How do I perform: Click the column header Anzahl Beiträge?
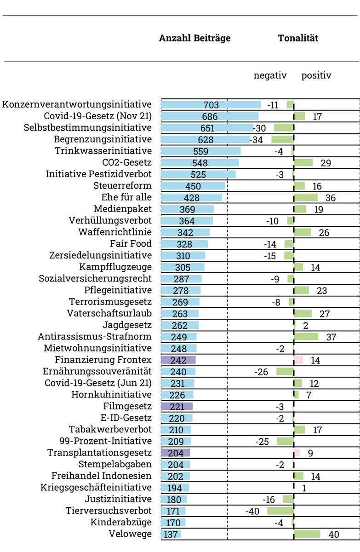[194, 38]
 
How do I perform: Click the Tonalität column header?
[298, 38]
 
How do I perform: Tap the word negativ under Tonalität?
[270, 75]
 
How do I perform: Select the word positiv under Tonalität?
[316, 75]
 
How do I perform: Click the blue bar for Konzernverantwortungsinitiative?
[211, 105]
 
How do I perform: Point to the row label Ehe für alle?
[126, 197]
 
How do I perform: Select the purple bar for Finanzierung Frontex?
[178, 360]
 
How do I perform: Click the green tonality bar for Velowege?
[307, 534]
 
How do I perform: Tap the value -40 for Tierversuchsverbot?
[252, 511]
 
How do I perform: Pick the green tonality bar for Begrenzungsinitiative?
[282, 139]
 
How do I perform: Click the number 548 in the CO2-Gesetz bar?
[200, 163]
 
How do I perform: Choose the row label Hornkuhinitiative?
[111, 395]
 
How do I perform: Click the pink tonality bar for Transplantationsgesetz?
[297, 453]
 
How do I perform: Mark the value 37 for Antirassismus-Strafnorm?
[331, 337]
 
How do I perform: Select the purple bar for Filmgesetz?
[177, 406]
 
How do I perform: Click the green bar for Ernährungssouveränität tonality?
[285, 372]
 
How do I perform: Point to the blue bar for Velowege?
[171, 534]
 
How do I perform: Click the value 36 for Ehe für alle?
[330, 198]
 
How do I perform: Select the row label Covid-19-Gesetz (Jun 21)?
[98, 383]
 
